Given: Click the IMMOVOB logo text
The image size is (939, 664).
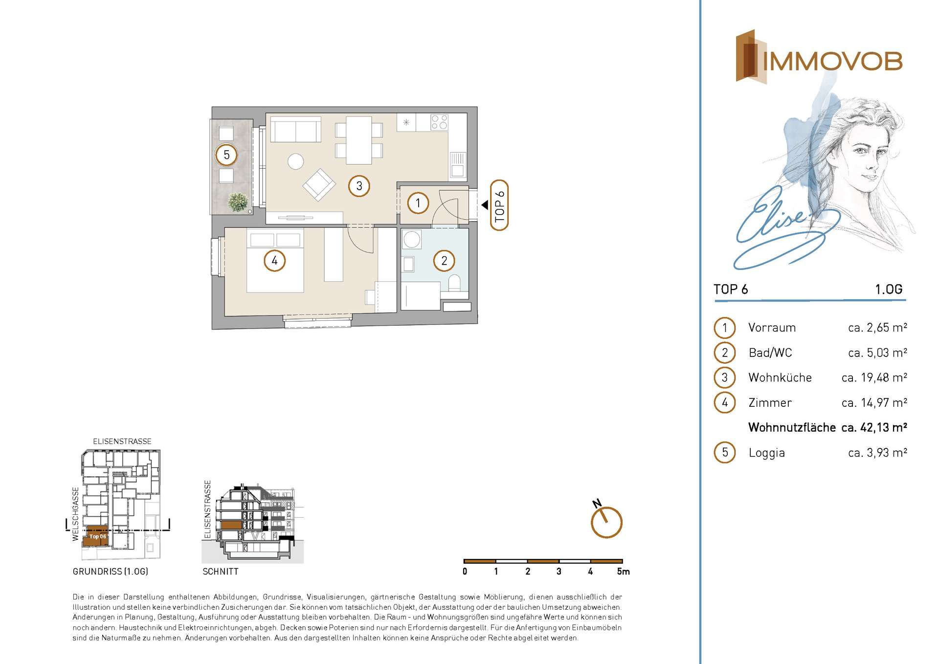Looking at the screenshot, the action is [832, 62].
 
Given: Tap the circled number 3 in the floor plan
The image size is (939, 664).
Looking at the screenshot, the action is [359, 186].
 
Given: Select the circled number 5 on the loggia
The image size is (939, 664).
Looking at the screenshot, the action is [226, 155].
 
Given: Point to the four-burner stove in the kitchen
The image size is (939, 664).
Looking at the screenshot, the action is [439, 122].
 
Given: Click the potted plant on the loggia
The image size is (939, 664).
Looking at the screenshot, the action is [238, 202].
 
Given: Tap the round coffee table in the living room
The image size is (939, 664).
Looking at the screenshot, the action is [295, 161].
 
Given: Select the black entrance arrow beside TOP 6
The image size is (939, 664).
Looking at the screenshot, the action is [485, 205].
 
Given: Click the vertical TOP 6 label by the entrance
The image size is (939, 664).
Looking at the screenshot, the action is [499, 205].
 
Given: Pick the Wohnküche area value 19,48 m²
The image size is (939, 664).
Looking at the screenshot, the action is [874, 377].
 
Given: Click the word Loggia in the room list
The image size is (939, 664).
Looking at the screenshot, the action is [766, 453].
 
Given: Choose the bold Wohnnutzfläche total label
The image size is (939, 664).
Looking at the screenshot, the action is [792, 427].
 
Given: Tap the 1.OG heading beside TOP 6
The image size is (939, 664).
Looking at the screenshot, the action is [889, 289].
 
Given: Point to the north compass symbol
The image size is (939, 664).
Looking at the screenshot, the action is [606, 522].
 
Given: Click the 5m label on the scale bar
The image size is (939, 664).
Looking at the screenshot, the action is [623, 571].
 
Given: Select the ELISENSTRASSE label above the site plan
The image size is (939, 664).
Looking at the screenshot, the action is [122, 441].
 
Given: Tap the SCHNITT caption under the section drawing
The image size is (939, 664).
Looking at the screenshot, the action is [221, 571].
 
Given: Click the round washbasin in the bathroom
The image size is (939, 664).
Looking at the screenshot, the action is [412, 240].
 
